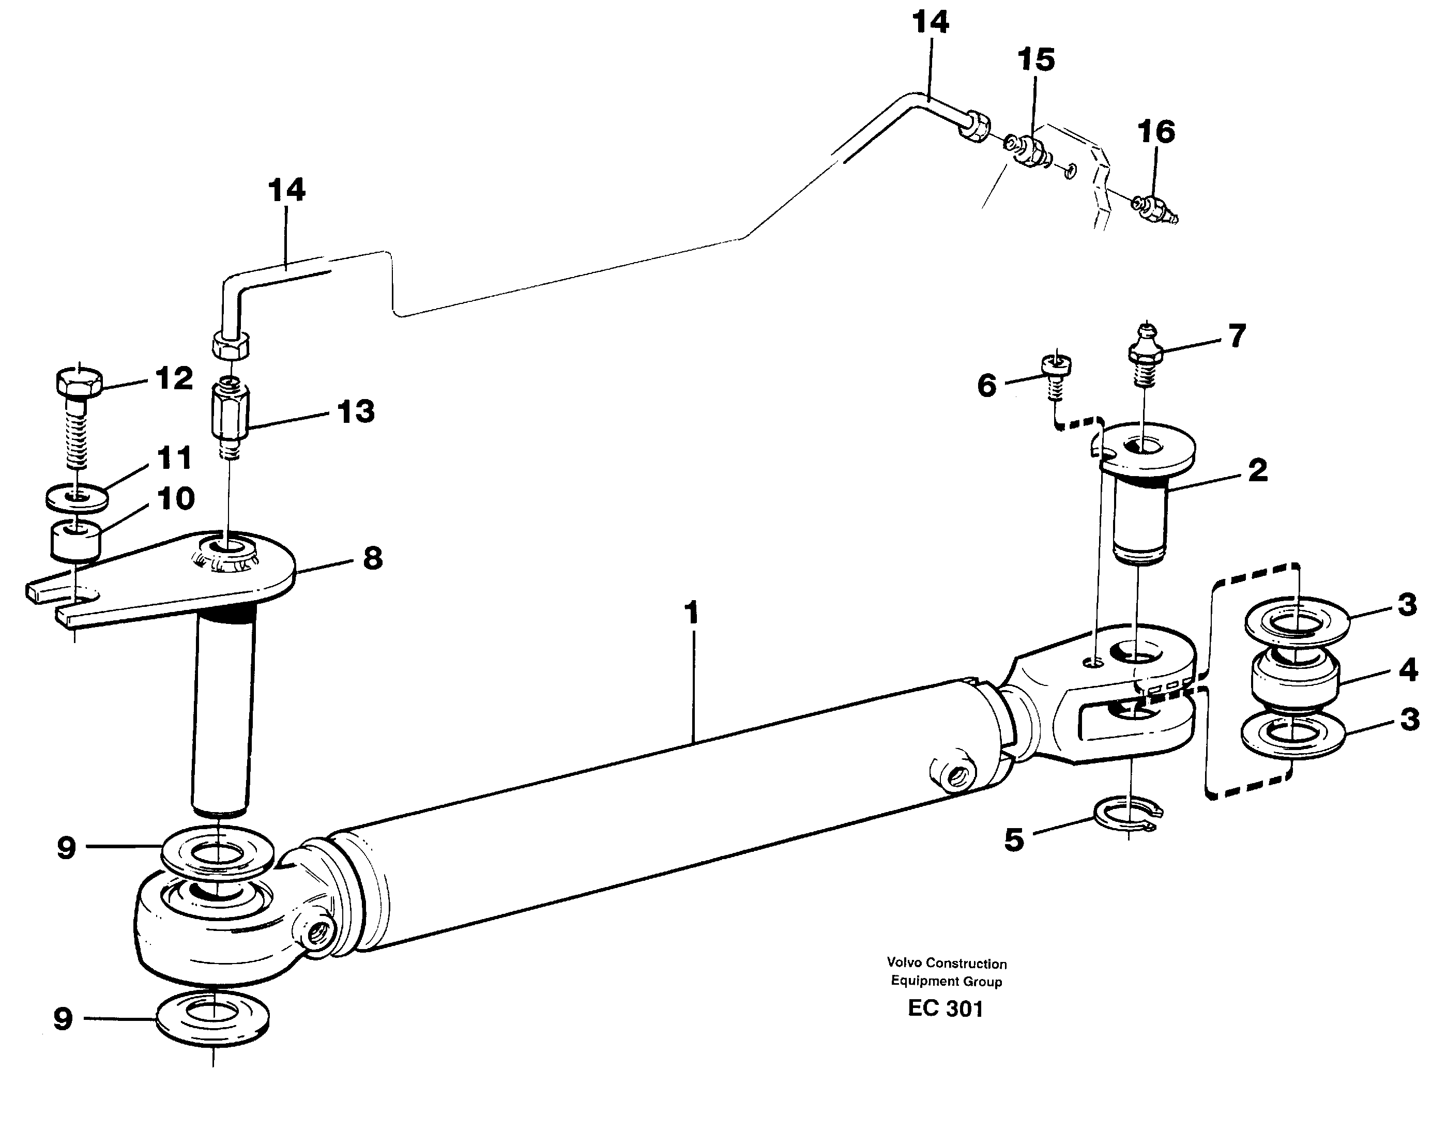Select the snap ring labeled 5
pos(1127,817)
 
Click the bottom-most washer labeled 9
pos(212,1018)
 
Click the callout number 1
pos(691,613)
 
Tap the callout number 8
pos(372,558)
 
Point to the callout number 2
pos(1258,470)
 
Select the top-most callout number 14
pos(931,22)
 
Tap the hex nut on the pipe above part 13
pos(231,345)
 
